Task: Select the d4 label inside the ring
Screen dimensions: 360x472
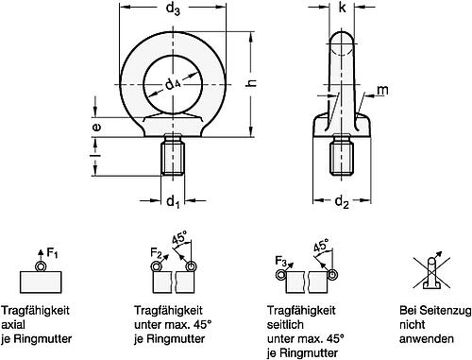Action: coord(173,87)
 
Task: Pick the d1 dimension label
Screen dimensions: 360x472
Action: coord(172,201)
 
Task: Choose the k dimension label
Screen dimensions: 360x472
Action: coord(343,11)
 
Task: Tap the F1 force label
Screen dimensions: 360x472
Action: coord(54,252)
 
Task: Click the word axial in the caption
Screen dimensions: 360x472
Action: coord(33,322)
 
